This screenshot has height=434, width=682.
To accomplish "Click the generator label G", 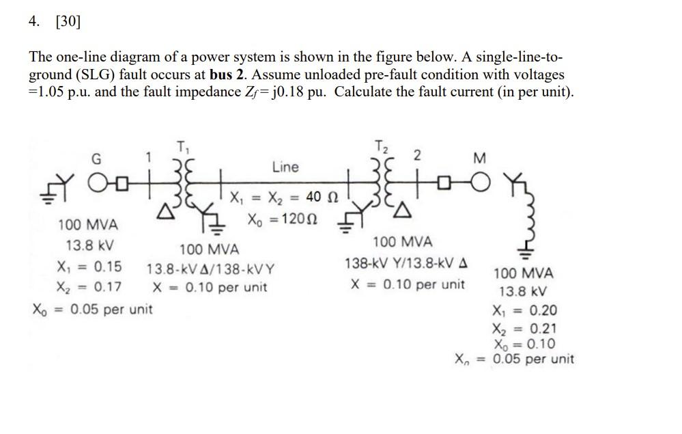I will tap(96, 159).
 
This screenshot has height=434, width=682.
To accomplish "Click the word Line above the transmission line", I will tap(285, 167).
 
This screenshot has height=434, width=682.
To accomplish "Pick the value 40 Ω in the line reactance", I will tap(318, 198).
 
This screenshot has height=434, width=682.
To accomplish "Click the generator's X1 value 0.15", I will tap(108, 267).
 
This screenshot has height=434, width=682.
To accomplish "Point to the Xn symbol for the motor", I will tap(464, 359).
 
